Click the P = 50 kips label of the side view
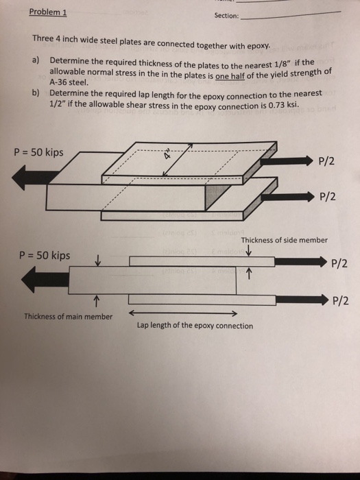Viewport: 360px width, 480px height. [x=45, y=256]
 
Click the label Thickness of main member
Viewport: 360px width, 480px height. [x=68, y=317]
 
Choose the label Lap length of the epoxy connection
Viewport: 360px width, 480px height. [x=195, y=326]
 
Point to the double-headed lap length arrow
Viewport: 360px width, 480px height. [x=182, y=313]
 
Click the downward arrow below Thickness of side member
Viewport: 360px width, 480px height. [x=247, y=251]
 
